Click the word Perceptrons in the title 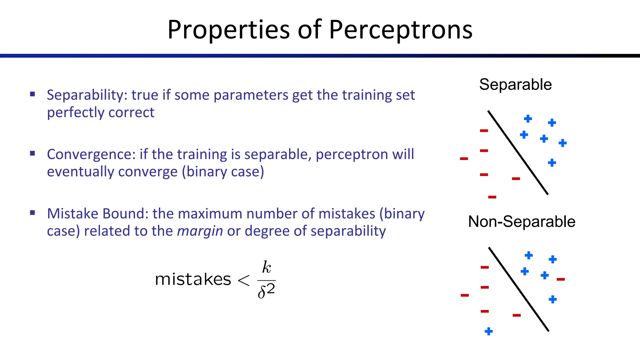pyautogui.click(x=401, y=30)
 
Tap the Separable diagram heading pyautogui.click(x=515, y=85)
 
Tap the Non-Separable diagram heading pyautogui.click(x=522, y=222)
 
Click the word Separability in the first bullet pyautogui.click(x=85, y=95)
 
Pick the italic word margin pyautogui.click(x=200, y=231)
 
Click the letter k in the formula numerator pyautogui.click(x=267, y=267)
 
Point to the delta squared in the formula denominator pyautogui.click(x=266, y=291)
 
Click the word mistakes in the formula pyautogui.click(x=193, y=279)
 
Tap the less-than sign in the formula pyautogui.click(x=244, y=280)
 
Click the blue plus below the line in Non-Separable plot pyautogui.click(x=489, y=331)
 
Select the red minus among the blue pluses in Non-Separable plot pyautogui.click(x=561, y=279)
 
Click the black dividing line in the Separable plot pyautogui.click(x=518, y=152)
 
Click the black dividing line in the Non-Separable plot pyautogui.click(x=519, y=289)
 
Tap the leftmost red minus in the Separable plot pyautogui.click(x=464, y=159)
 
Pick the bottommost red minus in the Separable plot pyautogui.click(x=492, y=197)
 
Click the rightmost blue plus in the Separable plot pyautogui.click(x=562, y=143)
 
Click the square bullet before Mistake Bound pyautogui.click(x=32, y=213)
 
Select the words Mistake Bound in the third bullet pyautogui.click(x=97, y=214)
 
